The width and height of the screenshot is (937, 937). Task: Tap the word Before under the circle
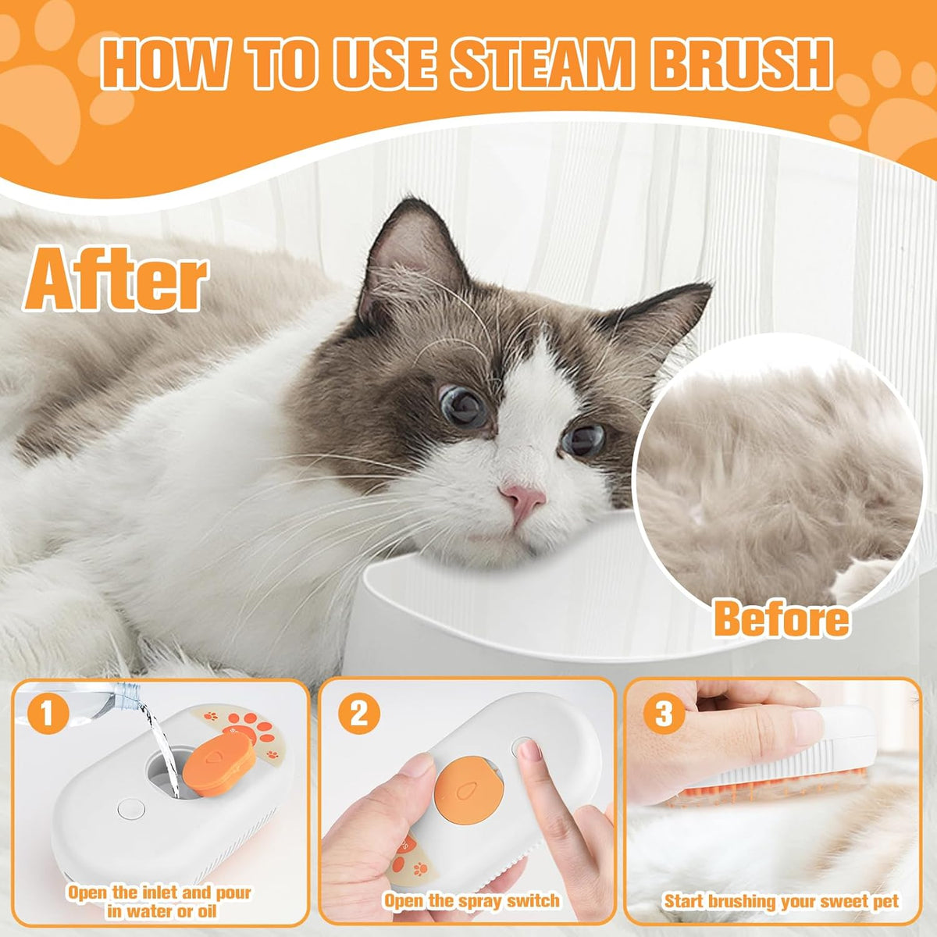tap(781, 619)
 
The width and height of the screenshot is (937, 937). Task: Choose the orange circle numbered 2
tap(358, 714)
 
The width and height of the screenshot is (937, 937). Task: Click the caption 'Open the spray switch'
tap(472, 900)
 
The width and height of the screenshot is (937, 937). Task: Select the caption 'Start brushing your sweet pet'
tap(781, 900)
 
